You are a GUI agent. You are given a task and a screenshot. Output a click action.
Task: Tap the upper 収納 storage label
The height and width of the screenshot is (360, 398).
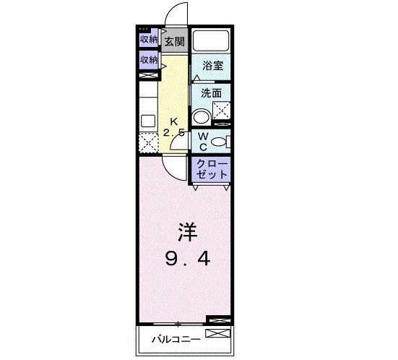(x=149, y=40)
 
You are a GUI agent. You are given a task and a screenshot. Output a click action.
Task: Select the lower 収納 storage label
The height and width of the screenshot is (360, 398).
(x=149, y=60)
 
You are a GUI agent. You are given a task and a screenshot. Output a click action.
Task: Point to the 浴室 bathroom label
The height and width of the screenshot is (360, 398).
(x=212, y=65)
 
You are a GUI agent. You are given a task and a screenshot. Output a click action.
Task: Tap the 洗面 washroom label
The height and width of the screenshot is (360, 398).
(x=210, y=93)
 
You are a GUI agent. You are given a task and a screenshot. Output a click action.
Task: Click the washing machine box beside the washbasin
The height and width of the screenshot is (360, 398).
(x=220, y=111)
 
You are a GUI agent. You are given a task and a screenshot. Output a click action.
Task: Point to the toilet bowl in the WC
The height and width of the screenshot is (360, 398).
(x=222, y=141)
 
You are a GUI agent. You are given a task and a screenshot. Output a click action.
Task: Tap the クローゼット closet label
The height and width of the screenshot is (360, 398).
(x=212, y=168)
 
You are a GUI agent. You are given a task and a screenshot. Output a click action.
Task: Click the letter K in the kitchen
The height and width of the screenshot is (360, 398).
(x=173, y=121)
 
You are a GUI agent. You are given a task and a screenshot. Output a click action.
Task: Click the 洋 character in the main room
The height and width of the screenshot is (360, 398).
(x=185, y=233)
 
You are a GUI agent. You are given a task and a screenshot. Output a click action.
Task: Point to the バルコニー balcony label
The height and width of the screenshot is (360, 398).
(x=170, y=338)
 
